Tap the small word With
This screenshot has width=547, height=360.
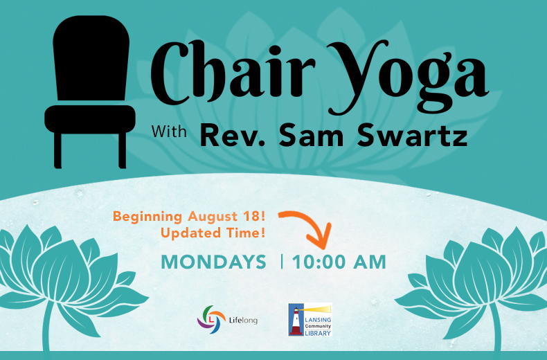point(169,132)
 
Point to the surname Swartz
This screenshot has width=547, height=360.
point(412,136)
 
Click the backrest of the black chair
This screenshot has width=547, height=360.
point(91,58)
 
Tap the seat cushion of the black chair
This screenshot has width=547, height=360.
point(90,119)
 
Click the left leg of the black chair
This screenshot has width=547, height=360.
point(58,150)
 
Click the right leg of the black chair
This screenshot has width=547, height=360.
point(122,150)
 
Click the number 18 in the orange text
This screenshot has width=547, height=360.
point(252,216)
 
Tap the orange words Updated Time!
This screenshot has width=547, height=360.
point(213,233)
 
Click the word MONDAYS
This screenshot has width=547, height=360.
point(213,262)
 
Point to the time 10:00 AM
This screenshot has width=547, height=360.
point(339,262)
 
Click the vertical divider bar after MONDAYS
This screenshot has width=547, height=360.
point(282,262)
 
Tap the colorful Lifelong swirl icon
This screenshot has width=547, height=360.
point(211,319)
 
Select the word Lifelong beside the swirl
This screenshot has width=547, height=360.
point(243,320)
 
